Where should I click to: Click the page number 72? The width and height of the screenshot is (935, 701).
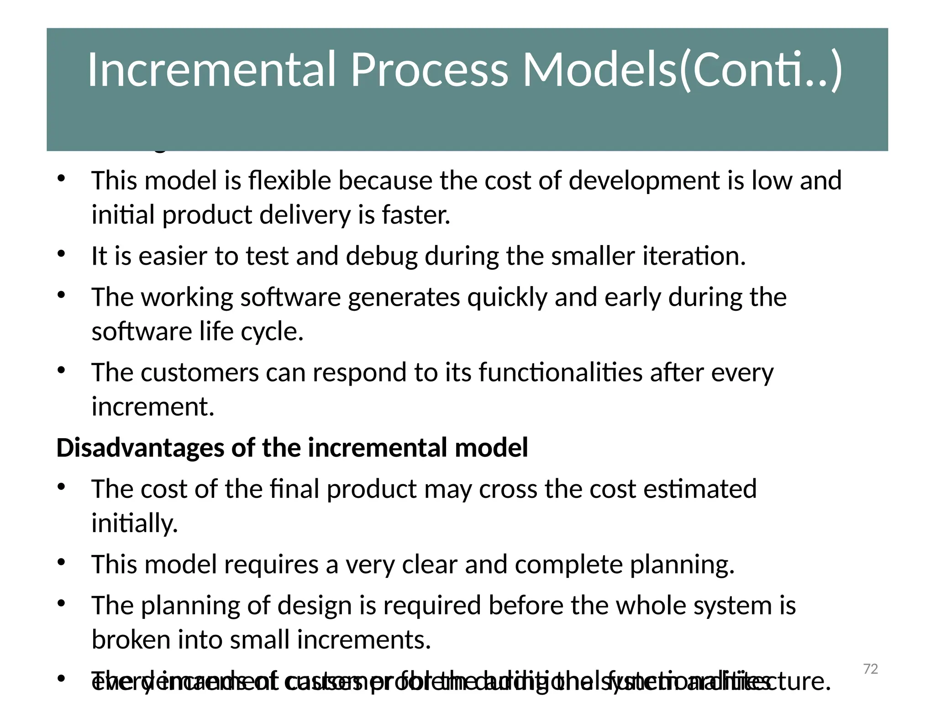point(871,669)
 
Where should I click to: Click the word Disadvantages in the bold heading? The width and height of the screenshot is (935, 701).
point(140,448)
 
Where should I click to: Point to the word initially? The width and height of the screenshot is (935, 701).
point(134,523)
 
